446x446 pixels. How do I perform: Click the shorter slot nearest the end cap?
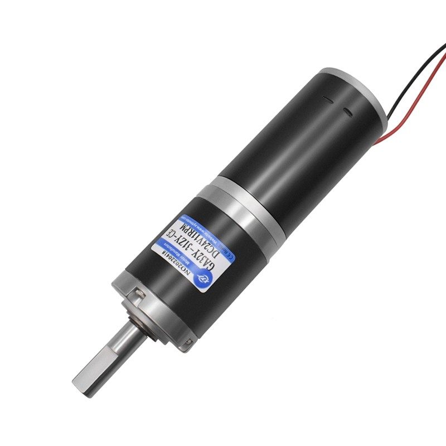pos(349,114)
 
